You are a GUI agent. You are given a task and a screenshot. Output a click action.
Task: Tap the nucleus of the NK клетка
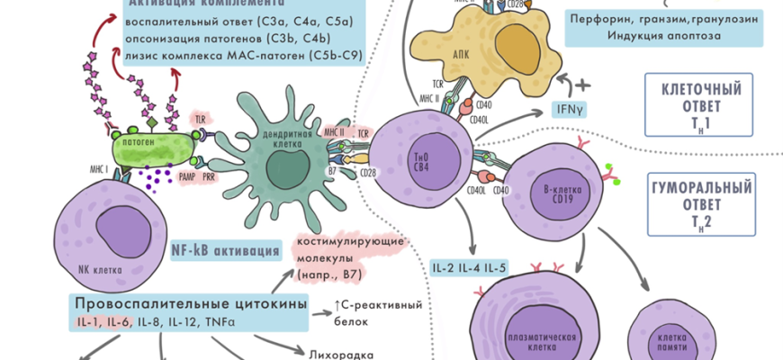112,235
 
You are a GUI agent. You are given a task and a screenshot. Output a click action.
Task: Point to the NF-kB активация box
224,250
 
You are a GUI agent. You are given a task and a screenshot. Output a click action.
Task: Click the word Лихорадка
341,354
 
